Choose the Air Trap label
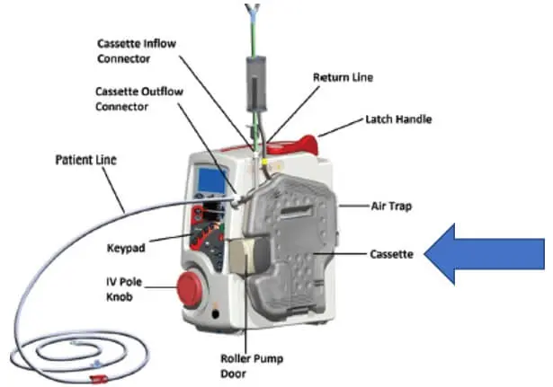[390, 205]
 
